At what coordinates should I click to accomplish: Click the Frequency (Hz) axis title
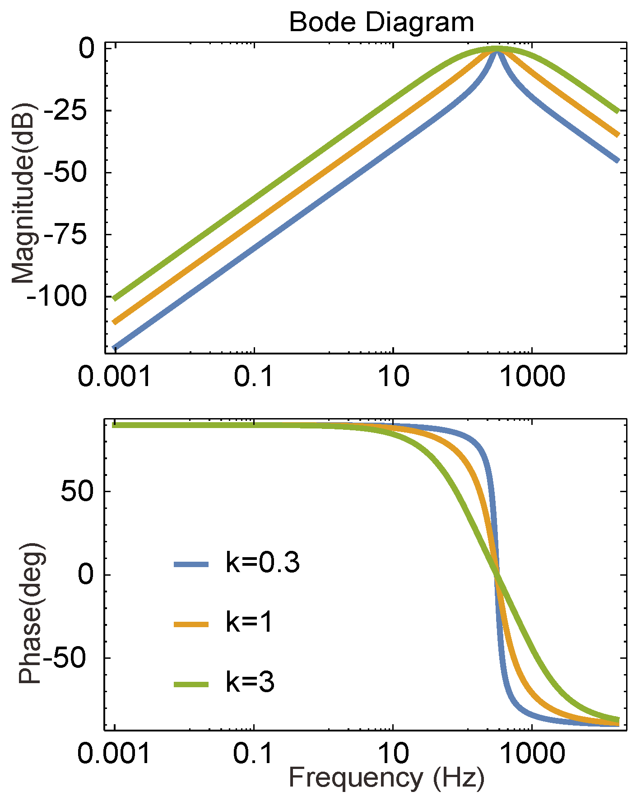point(386,778)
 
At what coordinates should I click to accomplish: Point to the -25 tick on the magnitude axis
point(68,111)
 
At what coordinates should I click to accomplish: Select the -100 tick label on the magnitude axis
point(57,297)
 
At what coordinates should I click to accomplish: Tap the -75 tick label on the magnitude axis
point(68,235)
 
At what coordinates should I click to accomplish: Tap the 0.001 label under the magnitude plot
point(114,376)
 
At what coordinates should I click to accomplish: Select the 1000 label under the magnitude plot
point(532,376)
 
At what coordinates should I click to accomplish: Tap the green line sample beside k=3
point(191,685)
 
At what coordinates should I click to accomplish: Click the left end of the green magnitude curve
point(114,298)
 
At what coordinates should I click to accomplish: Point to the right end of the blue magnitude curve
point(618,160)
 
